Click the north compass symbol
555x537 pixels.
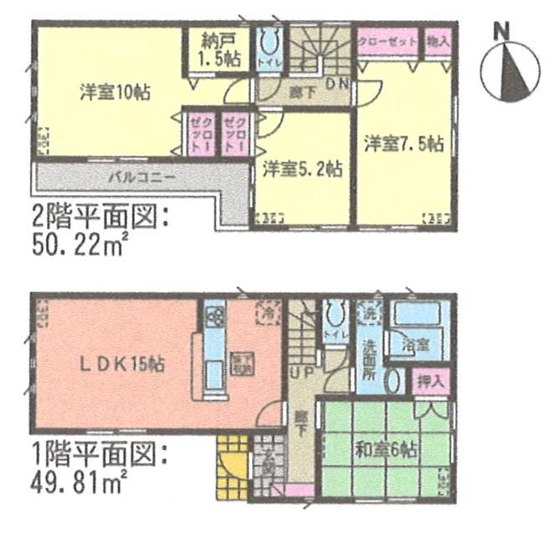coord(511,68)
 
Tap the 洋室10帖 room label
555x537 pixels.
coord(115,92)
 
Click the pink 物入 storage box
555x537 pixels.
coord(437,40)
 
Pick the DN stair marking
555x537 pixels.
coord(337,83)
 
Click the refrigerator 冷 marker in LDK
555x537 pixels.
coord(267,312)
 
